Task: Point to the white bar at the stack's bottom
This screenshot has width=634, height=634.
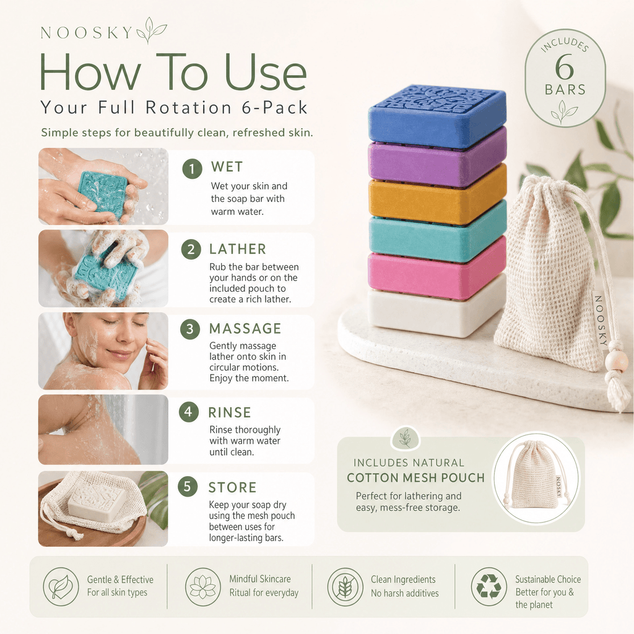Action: (437, 307)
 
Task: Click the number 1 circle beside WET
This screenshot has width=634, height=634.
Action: (192, 168)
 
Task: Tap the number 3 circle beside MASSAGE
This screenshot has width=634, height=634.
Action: (190, 329)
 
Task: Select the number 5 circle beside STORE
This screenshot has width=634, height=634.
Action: (188, 487)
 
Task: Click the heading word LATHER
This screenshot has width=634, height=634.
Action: (238, 249)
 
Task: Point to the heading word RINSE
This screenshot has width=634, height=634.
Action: (230, 412)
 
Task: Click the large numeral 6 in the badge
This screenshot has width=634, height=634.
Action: (564, 67)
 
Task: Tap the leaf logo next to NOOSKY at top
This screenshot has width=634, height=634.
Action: (151, 30)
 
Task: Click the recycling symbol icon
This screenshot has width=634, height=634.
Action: (489, 586)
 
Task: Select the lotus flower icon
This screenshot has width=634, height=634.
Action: (203, 586)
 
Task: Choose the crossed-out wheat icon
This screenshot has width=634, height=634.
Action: (345, 586)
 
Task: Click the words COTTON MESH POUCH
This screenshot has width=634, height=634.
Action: (415, 478)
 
